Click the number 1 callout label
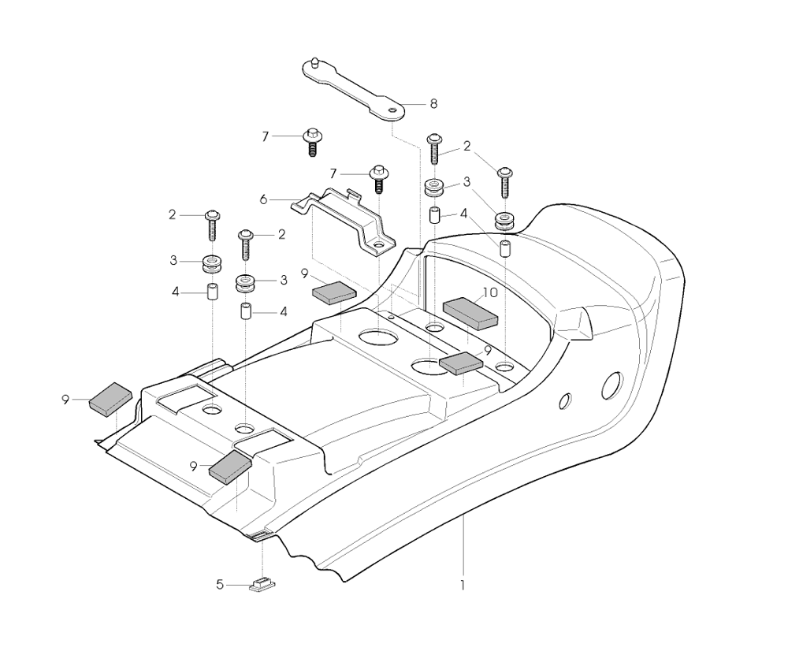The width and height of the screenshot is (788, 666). click(463, 586)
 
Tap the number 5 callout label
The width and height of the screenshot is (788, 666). click(220, 585)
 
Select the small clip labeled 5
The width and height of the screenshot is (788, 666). click(262, 585)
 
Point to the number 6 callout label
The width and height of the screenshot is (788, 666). click(264, 199)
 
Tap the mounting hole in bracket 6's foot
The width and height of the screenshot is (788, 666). click(380, 245)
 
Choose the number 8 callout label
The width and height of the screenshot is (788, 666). click(433, 104)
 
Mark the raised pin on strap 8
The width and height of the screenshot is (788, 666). click(314, 62)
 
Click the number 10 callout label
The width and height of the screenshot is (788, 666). click(490, 292)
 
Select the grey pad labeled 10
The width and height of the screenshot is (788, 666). click(470, 313)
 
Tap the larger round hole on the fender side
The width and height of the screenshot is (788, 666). click(612, 386)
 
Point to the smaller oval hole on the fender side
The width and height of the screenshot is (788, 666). click(565, 400)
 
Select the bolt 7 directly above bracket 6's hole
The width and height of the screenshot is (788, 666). click(380, 179)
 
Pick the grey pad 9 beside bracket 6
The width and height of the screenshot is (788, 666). click(334, 293)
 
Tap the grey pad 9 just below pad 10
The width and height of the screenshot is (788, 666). click(461, 363)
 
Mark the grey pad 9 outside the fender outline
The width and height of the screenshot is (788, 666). click(110, 400)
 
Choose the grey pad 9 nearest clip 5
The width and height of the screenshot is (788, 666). click(230, 467)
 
